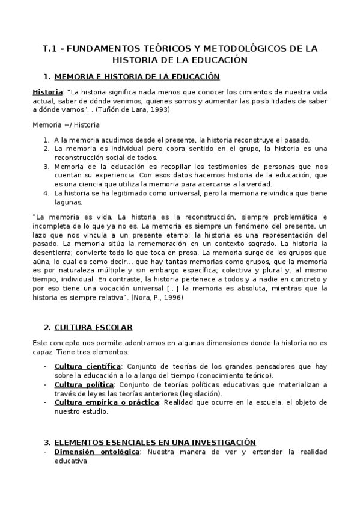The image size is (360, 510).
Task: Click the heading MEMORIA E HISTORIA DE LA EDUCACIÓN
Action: tap(136, 76)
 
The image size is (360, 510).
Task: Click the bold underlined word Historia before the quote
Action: tap(47, 92)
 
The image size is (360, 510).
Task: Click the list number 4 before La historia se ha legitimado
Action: tap(46, 193)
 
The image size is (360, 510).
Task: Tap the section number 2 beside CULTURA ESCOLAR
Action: tap(46, 327)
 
